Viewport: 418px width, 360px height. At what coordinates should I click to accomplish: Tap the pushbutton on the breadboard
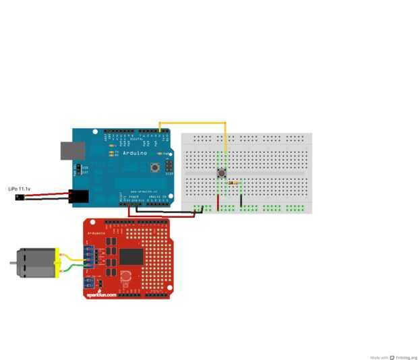pyautogui.click(x=221, y=173)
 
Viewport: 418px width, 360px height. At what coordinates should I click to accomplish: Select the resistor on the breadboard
pyautogui.click(x=233, y=183)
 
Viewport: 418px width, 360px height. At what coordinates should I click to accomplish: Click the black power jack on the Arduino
pyautogui.click(x=80, y=196)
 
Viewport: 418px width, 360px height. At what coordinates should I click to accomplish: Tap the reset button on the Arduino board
pyautogui.click(x=155, y=167)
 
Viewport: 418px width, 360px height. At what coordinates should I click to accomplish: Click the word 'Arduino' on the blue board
pyautogui.click(x=134, y=154)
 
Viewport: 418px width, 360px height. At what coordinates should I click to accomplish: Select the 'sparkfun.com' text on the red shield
pyautogui.click(x=101, y=295)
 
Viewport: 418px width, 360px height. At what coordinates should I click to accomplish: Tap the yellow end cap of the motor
pyautogui.click(x=59, y=263)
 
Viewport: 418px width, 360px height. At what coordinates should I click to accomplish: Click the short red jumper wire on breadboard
pyautogui.click(x=218, y=202)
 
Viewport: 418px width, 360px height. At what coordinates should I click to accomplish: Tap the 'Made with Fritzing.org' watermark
pyautogui.click(x=394, y=357)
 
